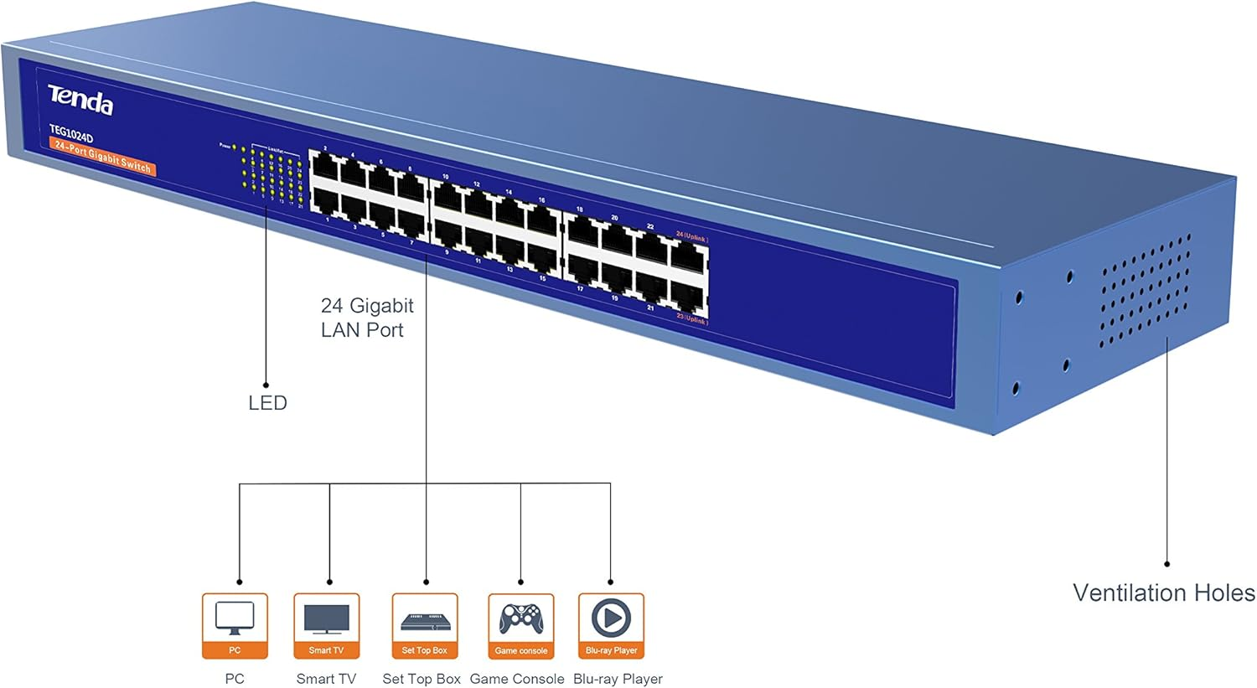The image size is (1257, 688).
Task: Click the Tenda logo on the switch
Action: pyautogui.click(x=80, y=100)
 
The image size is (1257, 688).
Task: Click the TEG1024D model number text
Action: pyautogui.click(x=71, y=133)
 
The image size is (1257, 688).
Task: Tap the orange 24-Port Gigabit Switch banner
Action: pyautogui.click(x=102, y=157)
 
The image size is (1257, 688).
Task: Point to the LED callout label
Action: pyautogui.click(x=267, y=403)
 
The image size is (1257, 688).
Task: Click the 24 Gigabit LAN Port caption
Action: pyautogui.click(x=366, y=318)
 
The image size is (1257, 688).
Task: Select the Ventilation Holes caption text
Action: pyautogui.click(x=1163, y=593)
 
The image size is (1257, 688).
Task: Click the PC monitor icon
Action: pyautogui.click(x=235, y=618)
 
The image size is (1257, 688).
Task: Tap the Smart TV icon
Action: pyautogui.click(x=326, y=618)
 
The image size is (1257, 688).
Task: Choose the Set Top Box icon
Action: pyautogui.click(x=425, y=621)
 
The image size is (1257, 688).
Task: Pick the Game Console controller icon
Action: pyautogui.click(x=520, y=619)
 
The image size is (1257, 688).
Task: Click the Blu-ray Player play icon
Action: pyautogui.click(x=611, y=618)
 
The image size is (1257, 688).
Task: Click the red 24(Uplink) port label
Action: pyautogui.click(x=691, y=238)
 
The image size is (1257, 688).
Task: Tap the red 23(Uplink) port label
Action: pyautogui.click(x=691, y=319)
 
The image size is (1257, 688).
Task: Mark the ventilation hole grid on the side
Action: pyautogui.click(x=1144, y=290)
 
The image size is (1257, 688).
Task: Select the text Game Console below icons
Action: pyautogui.click(x=517, y=679)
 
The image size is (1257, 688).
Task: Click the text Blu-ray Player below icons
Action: pyautogui.click(x=618, y=679)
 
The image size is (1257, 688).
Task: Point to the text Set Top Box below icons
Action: pyautogui.click(x=422, y=679)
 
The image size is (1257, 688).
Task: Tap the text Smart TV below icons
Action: pyautogui.click(x=326, y=679)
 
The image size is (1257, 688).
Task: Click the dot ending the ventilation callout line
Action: pyautogui.click(x=1166, y=564)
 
